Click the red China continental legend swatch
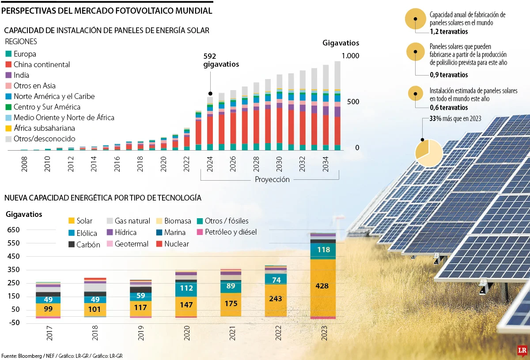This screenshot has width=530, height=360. [x=8, y=64]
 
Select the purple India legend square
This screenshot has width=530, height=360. [x=8, y=75]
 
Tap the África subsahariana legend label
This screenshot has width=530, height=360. [x=44, y=128]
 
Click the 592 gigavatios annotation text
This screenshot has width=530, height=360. [x=221, y=60]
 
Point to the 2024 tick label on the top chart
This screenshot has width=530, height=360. [x=210, y=164]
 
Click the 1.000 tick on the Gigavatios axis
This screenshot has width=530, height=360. [x=350, y=56]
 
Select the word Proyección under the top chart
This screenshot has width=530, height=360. [x=272, y=179]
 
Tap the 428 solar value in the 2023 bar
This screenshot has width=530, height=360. [x=322, y=286]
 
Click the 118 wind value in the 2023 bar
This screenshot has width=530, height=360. [x=323, y=250]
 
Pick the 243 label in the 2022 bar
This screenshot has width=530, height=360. [x=276, y=299]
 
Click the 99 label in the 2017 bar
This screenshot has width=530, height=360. [x=48, y=309]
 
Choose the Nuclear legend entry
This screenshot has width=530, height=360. [x=173, y=244]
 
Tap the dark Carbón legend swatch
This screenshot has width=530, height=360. [x=72, y=244]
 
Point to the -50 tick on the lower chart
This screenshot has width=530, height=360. [x=14, y=322]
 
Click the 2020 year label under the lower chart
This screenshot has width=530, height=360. [x=187, y=333]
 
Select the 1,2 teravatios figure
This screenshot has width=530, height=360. [x=449, y=31]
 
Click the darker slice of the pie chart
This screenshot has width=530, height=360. [x=422, y=149]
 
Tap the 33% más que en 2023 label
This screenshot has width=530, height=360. [x=455, y=118]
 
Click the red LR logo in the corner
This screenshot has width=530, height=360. [x=522, y=351]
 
